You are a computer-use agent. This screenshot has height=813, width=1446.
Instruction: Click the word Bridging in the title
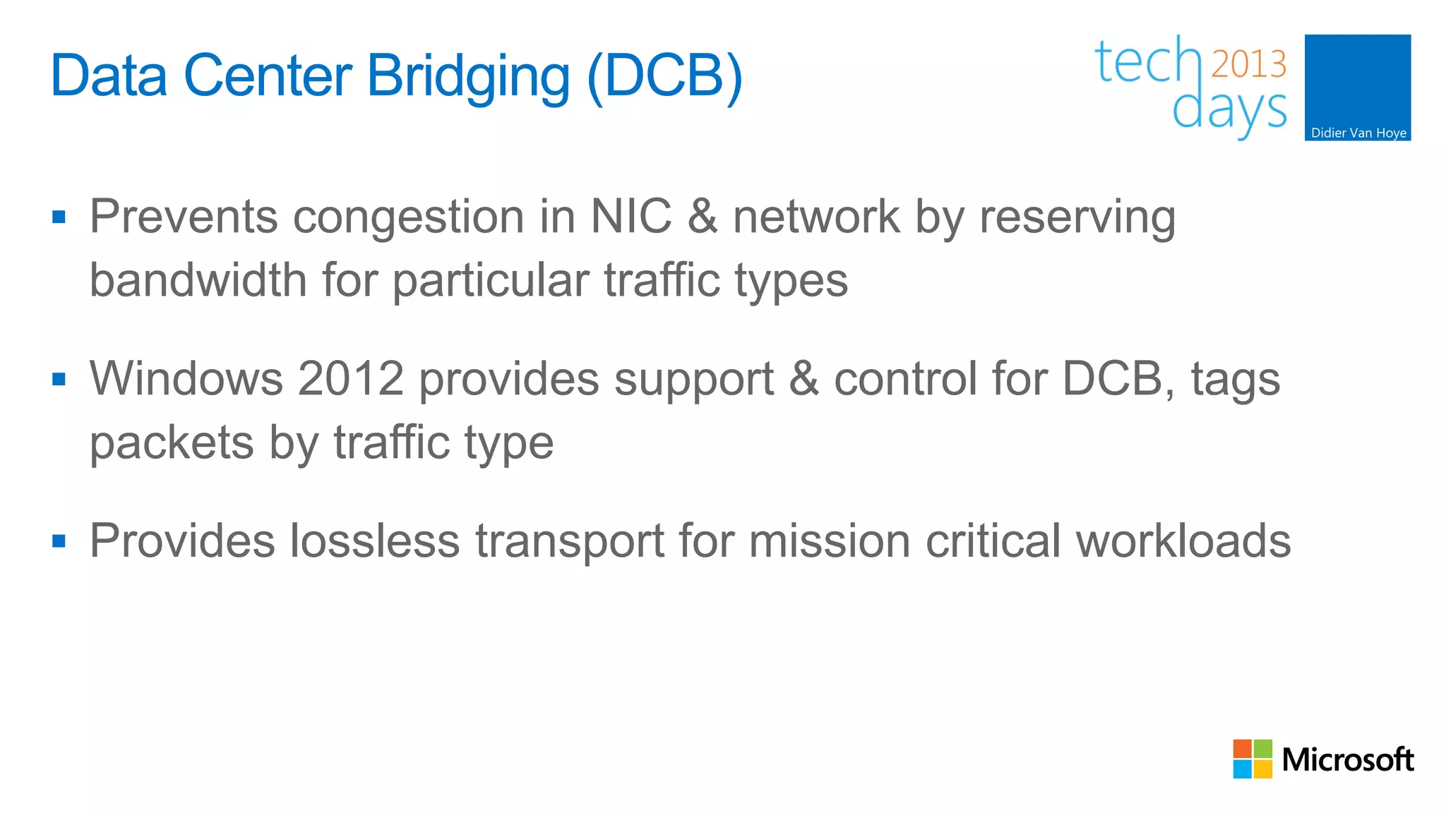[x=468, y=76]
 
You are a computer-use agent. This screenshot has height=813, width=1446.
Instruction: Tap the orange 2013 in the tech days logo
[x=1248, y=64]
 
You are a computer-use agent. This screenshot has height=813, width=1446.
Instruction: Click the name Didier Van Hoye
[x=1358, y=133]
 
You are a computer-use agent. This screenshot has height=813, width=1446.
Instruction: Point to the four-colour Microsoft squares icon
[x=1253, y=759]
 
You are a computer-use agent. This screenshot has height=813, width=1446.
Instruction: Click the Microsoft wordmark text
[x=1347, y=759]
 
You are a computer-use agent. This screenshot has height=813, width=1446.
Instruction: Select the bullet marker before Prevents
[x=59, y=217]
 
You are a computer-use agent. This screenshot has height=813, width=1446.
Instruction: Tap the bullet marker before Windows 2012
[x=59, y=380]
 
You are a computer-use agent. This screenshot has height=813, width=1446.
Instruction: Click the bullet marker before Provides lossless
[x=59, y=541]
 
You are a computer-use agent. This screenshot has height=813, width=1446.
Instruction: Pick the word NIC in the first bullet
[x=631, y=216]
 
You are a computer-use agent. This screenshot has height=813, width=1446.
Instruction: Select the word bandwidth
[x=198, y=280]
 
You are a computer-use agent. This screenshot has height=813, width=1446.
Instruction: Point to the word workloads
[x=1183, y=541]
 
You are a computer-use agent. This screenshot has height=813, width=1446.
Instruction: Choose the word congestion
[x=408, y=217]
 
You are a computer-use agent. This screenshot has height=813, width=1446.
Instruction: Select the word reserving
[x=1077, y=217]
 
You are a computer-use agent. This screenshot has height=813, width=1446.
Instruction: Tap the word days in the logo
[x=1229, y=110]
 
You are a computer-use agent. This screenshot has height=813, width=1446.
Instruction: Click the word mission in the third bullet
[x=829, y=541]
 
